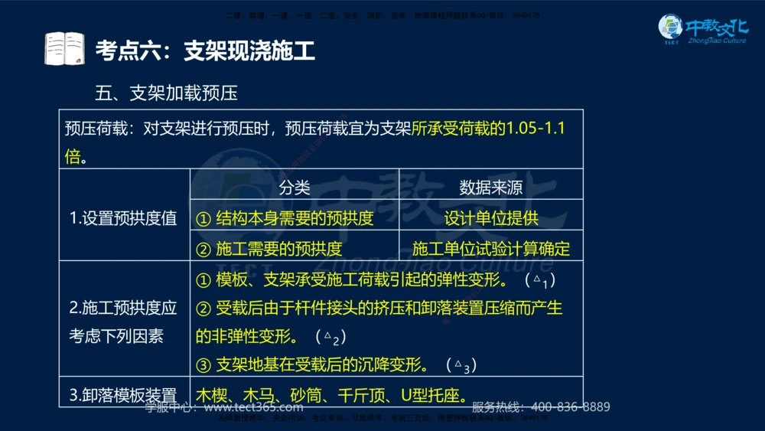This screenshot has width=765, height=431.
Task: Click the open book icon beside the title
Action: click(x=64, y=50)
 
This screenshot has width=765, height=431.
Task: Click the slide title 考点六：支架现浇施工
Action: click(x=205, y=51)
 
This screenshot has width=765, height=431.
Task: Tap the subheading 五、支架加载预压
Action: click(x=166, y=93)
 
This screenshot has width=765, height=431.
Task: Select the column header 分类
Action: click(x=294, y=188)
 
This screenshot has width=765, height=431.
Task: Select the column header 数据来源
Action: click(x=490, y=188)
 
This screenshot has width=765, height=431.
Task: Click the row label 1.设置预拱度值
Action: click(x=123, y=218)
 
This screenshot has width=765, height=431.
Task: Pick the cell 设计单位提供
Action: click(x=491, y=218)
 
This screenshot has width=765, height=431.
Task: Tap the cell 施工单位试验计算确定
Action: click(x=491, y=249)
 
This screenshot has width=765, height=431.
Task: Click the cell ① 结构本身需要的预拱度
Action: click(x=285, y=218)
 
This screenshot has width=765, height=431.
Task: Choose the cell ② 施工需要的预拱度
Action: click(x=269, y=249)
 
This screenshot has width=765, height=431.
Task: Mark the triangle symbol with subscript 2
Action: click(x=330, y=337)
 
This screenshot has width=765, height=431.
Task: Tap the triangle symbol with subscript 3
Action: click(x=461, y=365)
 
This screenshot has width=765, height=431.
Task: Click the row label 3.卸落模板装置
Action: click(x=123, y=396)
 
